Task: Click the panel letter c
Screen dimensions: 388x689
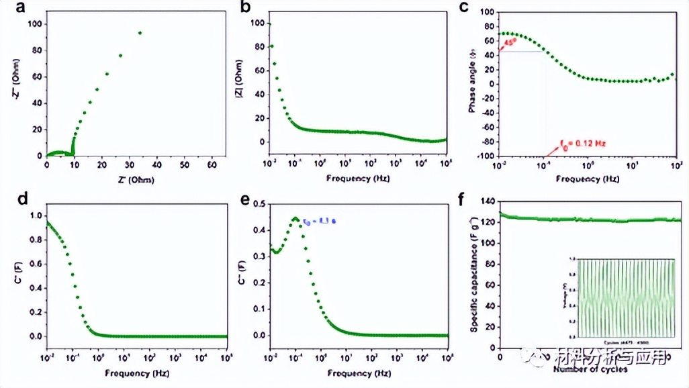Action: point(464,8)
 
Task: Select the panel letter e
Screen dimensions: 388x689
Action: point(244,199)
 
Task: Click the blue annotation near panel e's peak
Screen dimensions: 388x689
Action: point(327,220)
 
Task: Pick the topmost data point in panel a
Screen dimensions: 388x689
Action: point(140,32)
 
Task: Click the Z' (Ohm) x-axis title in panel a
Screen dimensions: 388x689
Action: point(130,181)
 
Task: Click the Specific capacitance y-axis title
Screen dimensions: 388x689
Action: point(474,275)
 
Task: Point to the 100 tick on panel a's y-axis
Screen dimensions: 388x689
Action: point(35,24)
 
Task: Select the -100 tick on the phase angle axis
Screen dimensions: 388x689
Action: point(486,156)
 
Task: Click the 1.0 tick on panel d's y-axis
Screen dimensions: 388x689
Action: point(34,216)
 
